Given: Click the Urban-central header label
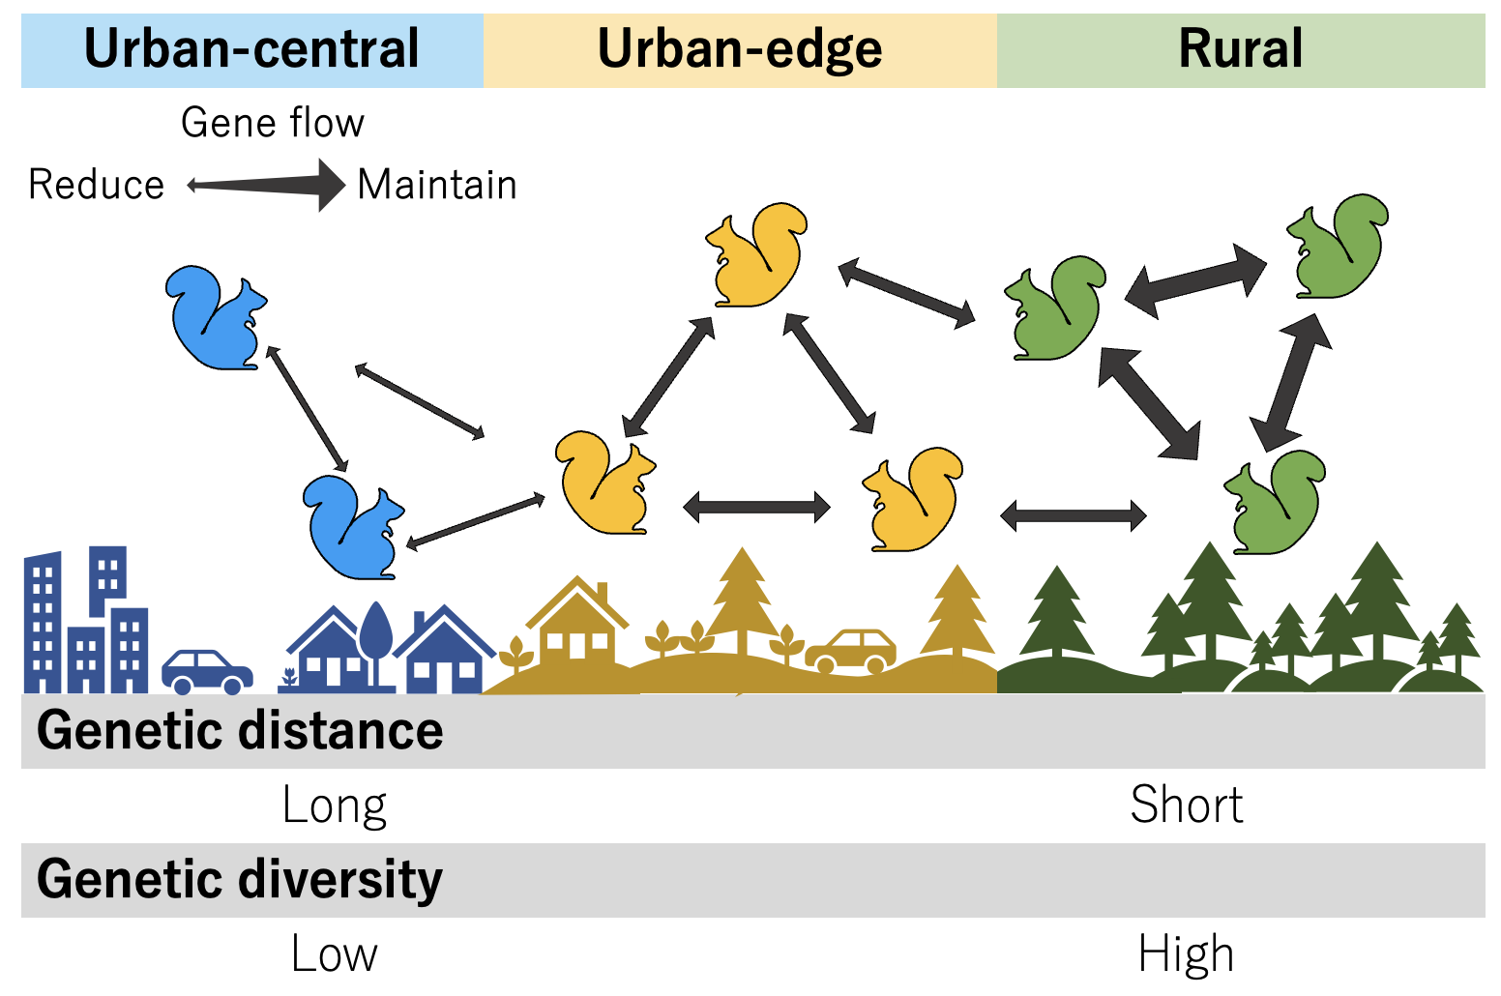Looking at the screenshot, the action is tap(251, 48).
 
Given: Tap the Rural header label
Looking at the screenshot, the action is tap(1240, 48).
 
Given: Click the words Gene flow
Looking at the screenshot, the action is tap(272, 123).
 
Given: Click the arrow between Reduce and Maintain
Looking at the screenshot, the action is tap(266, 185).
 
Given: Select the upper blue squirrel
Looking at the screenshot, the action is tap(216, 317).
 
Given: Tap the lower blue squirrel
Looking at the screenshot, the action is tap(353, 527).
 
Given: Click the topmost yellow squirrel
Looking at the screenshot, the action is tap(756, 254).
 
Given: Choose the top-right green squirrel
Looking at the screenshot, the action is tap(1338, 246).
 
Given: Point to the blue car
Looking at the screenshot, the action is tap(207, 671).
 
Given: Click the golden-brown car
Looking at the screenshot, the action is tap(850, 651).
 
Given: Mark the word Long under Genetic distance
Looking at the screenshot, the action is tap(335, 806).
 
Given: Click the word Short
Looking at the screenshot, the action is tap(1187, 805).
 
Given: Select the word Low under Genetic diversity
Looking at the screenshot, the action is tap(335, 953).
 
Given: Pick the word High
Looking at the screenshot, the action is tap(1186, 954).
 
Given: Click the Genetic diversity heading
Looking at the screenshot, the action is tap(240, 879).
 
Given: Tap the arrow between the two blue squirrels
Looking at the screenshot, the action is tap(308, 409).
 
